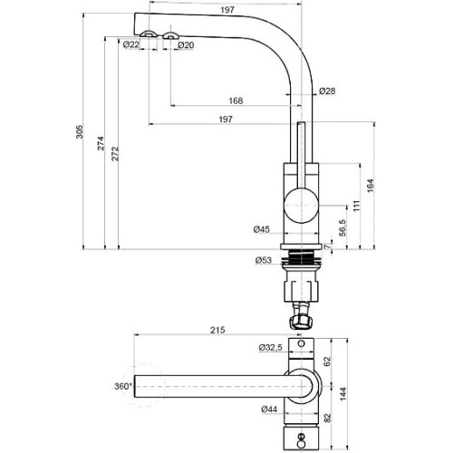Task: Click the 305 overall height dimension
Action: [x=79, y=131]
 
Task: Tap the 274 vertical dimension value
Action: [x=101, y=143]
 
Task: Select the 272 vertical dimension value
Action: [x=115, y=153]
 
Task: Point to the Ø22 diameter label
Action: [x=131, y=45]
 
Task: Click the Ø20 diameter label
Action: [x=186, y=45]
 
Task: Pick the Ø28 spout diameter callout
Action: [x=327, y=91]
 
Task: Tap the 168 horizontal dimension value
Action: [x=236, y=101]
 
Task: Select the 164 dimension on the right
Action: [x=371, y=186]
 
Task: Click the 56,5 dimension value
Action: [x=342, y=228]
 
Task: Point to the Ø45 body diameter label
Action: [x=262, y=229]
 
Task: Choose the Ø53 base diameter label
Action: [x=264, y=260]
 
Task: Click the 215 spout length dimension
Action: [x=217, y=330]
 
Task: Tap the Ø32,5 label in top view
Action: [x=270, y=348]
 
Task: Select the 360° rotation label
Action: [x=123, y=386]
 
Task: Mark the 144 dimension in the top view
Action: [x=343, y=394]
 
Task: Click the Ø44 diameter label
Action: [x=269, y=410]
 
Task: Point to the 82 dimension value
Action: [x=328, y=418]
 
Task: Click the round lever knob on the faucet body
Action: [x=302, y=205]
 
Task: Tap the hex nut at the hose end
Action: [x=300, y=323]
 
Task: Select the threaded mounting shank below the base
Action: [x=301, y=257]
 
